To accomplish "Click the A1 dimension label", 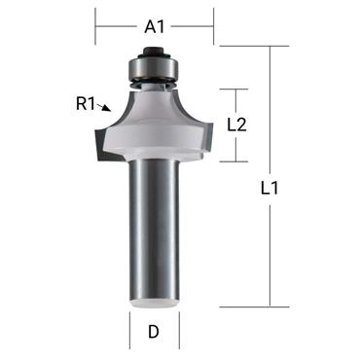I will point(154,26).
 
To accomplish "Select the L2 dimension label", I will point(235,125).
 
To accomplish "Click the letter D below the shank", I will point(154,333).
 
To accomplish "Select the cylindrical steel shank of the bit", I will point(154,234).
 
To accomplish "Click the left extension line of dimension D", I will point(129,332).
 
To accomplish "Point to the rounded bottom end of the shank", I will point(154,303).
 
